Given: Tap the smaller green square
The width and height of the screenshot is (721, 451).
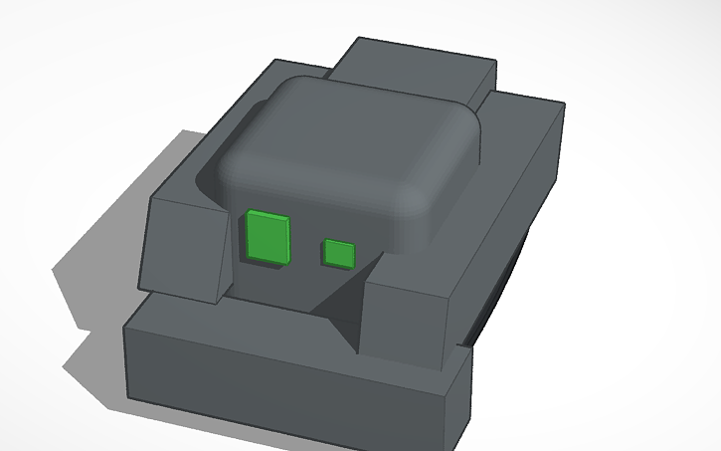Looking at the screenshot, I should [339, 254].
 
